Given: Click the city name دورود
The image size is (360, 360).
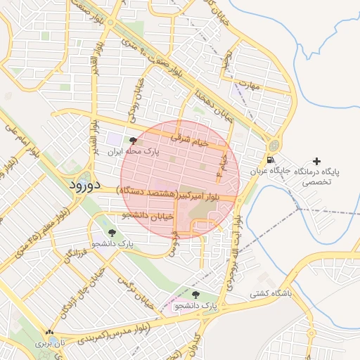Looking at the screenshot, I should point(87,185).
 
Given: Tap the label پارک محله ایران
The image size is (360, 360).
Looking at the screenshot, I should point(134,151).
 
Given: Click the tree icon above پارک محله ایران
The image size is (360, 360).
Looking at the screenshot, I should point(134,141).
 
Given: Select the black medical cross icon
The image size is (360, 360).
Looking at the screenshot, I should point(316,162).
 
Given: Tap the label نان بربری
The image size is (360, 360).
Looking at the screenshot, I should point(49,344).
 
